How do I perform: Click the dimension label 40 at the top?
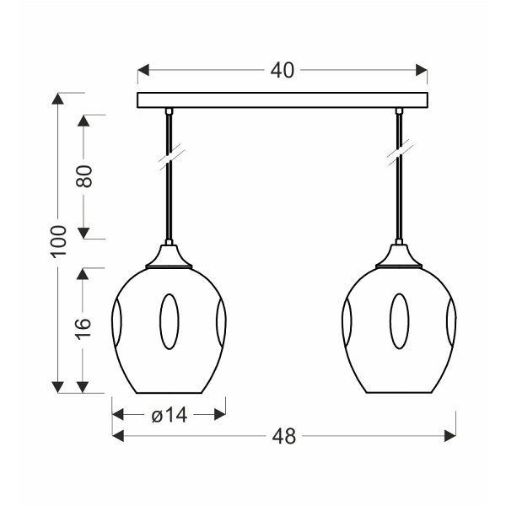pos(283,71)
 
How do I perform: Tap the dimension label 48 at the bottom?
pos(284,436)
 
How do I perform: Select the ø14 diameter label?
pos(169,414)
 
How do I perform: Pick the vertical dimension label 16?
pos(83,329)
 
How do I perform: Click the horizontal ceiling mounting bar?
pos(283,100)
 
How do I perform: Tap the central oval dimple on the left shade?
pos(169,322)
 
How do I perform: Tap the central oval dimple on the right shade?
pos(398,322)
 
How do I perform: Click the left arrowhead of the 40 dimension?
pos(143,71)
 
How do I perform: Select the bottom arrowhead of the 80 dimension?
pos(83,233)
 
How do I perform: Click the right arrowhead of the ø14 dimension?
pos(220,414)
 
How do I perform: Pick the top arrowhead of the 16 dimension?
pos(83,274)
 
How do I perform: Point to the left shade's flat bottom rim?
pos(169,394)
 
